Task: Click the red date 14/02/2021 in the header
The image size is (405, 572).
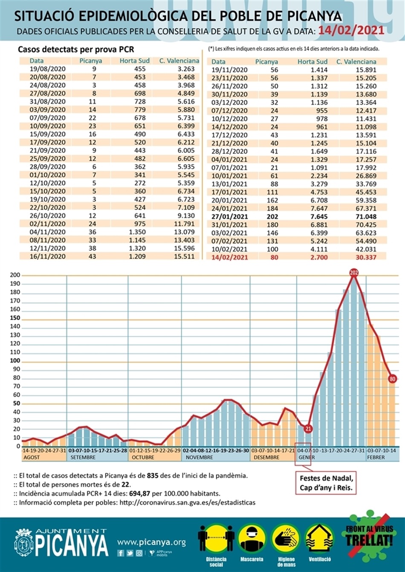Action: click(x=351, y=30)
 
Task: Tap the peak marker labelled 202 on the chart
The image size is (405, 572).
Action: click(x=353, y=272)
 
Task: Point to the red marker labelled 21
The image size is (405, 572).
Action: click(x=308, y=429)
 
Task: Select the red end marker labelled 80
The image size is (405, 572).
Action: click(x=393, y=378)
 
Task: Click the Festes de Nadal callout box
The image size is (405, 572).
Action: click(x=326, y=483)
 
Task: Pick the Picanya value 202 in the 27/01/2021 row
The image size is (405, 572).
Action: click(x=272, y=217)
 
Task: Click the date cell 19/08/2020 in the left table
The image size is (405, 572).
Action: click(x=48, y=69)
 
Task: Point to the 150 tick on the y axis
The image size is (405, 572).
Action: click(x=15, y=318)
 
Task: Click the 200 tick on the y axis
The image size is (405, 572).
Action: click(x=15, y=275)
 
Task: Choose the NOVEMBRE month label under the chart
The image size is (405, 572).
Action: click(x=199, y=458)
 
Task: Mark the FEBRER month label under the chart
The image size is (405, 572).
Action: click(x=376, y=458)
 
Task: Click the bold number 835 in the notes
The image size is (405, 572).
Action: click(x=153, y=476)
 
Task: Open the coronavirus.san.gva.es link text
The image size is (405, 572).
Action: click(x=188, y=503)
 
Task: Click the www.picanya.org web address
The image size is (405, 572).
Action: click(x=151, y=542)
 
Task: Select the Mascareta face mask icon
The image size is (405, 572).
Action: click(x=252, y=538)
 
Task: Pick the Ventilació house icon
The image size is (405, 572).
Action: click(x=319, y=538)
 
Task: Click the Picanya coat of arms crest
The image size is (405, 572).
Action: click(x=23, y=543)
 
